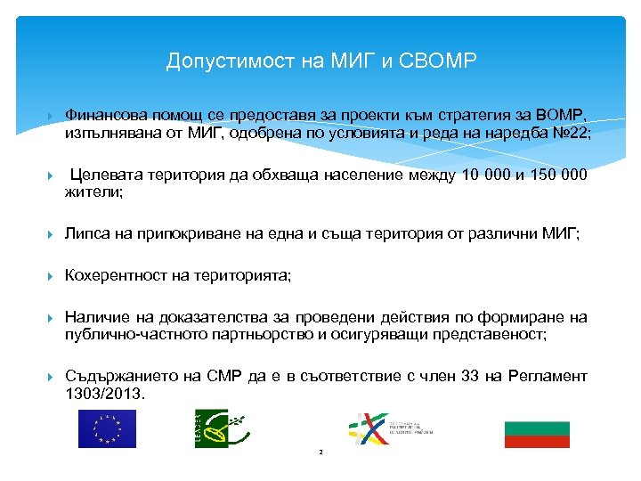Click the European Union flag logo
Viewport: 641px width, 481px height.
coord(107,428)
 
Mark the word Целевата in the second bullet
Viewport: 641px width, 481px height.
coord(102,175)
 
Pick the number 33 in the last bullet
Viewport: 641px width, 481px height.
coord(471,377)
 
